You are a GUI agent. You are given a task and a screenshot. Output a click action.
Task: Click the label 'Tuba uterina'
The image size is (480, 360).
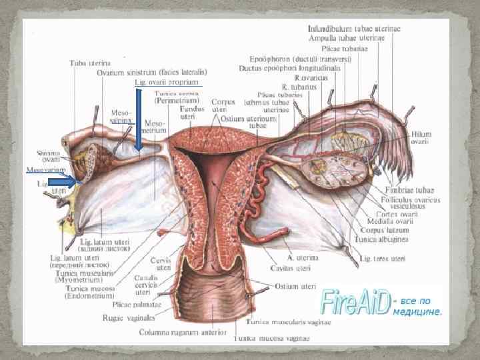click(x=91, y=63)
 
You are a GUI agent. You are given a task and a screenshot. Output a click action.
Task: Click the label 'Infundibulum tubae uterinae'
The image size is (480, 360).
click(x=354, y=29)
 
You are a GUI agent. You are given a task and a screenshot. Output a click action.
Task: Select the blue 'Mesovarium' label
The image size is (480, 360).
click(x=45, y=170)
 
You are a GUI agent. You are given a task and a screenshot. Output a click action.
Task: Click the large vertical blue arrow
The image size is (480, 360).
click(x=139, y=120)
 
